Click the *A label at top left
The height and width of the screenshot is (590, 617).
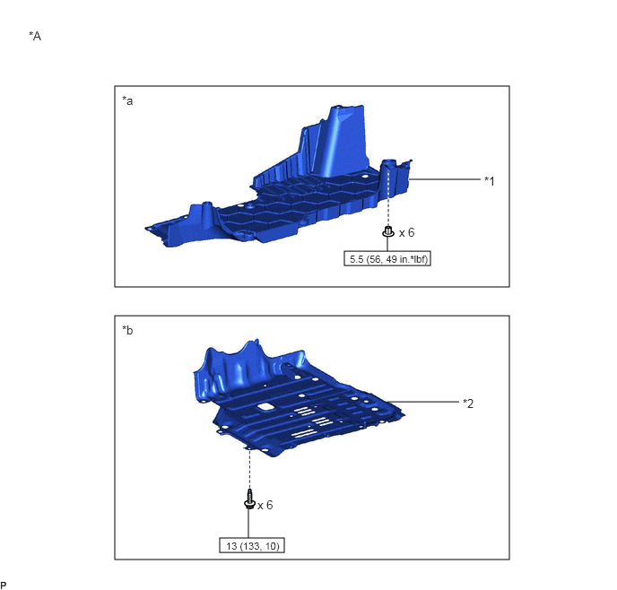(x=35, y=36)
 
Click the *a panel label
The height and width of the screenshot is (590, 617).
(x=127, y=101)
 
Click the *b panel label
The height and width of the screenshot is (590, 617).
(x=127, y=330)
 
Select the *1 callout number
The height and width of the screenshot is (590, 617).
(x=489, y=181)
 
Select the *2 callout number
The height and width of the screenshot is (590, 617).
(x=468, y=403)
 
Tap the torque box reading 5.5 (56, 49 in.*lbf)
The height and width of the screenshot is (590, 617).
(x=387, y=259)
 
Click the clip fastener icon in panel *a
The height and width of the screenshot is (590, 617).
(x=388, y=231)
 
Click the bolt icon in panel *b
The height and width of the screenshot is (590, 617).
(x=249, y=499)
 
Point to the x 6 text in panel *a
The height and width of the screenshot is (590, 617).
(x=406, y=233)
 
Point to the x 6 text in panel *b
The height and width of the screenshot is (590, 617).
(x=265, y=505)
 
